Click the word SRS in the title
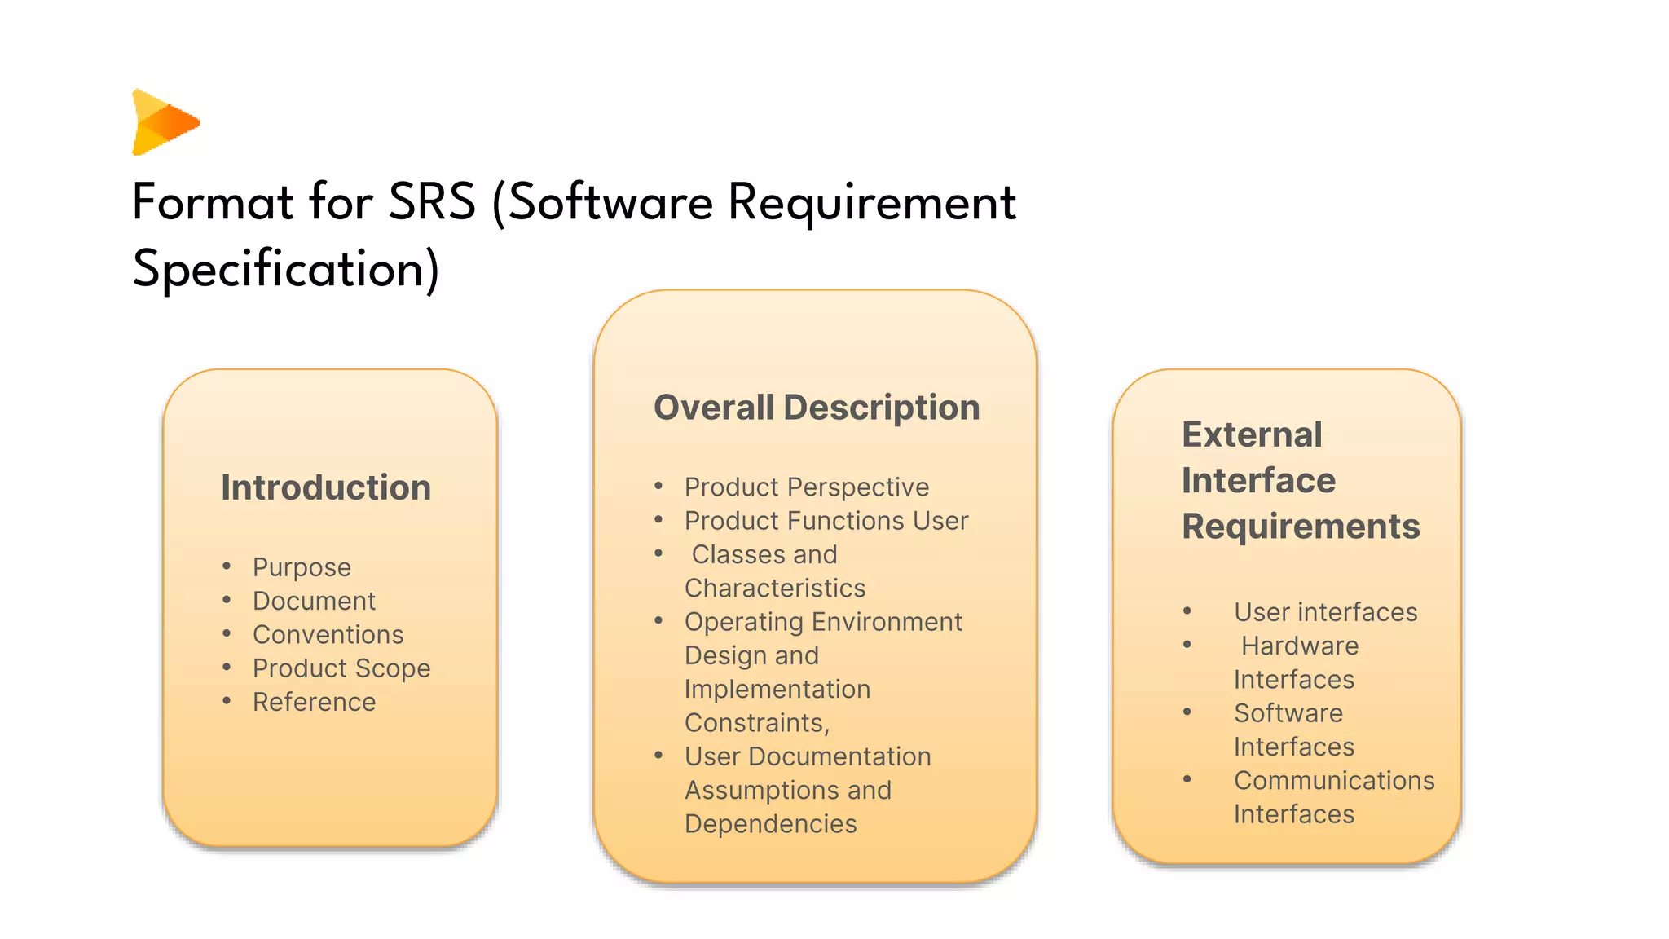tap(431, 202)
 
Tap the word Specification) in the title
tap(285, 269)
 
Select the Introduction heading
tap(326, 487)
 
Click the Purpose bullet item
tap(302, 567)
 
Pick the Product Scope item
tap(341, 668)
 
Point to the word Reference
tap(314, 702)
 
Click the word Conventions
tap(328, 634)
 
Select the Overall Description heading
tap(817, 408)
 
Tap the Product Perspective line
tap(806, 487)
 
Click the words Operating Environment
tap(823, 622)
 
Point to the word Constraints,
tap(757, 723)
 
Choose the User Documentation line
tap(807, 756)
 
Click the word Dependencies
tap(770, 824)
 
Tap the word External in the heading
tap(1252, 434)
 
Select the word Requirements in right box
tap(1301, 527)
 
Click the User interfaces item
tap(1325, 612)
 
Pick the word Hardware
tap(1300, 646)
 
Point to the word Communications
tap(1334, 781)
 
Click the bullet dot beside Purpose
tap(227, 566)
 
